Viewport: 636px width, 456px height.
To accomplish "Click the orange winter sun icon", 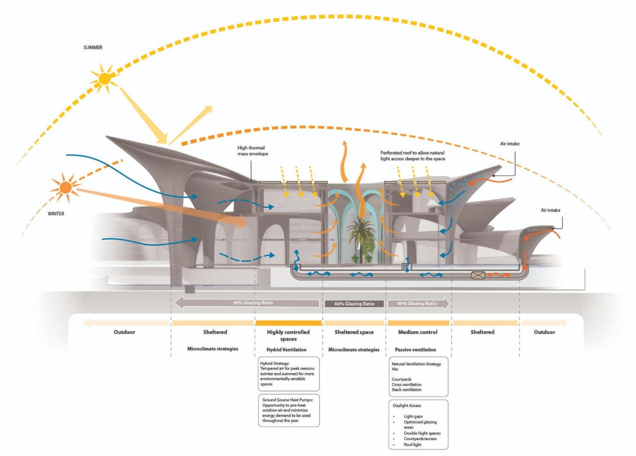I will tap(66, 188).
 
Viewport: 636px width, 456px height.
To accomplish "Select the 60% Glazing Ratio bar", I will tap(353, 303).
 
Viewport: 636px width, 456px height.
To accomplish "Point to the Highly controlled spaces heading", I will tap(288, 335).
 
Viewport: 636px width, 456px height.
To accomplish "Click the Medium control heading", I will tap(418, 332).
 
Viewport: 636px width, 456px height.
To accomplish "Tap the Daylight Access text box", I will tap(418, 424).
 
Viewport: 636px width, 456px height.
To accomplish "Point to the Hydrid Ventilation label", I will tap(288, 350).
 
